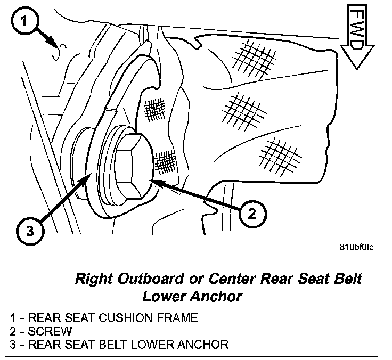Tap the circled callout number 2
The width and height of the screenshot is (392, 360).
click(251, 214)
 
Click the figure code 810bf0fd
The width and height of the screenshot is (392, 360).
click(357, 247)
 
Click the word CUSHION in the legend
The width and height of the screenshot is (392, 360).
click(120, 318)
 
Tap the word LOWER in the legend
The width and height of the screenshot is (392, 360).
click(150, 344)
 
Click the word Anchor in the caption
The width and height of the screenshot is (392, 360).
click(217, 296)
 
